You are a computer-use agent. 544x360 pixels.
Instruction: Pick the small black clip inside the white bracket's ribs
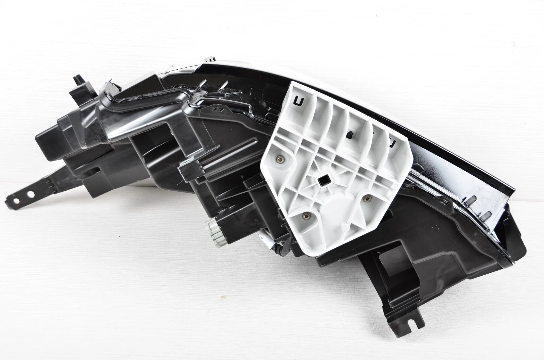349,135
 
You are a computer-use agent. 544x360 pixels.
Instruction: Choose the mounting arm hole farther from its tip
31,194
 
